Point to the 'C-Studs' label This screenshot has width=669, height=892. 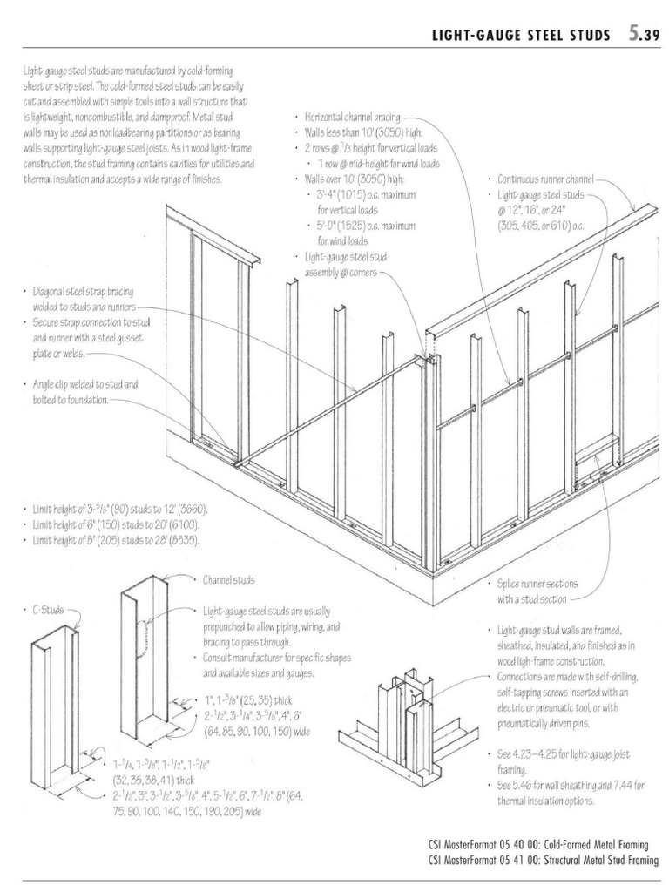tap(44, 611)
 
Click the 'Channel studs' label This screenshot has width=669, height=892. tap(229, 578)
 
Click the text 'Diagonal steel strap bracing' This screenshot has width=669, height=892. tap(84, 293)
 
